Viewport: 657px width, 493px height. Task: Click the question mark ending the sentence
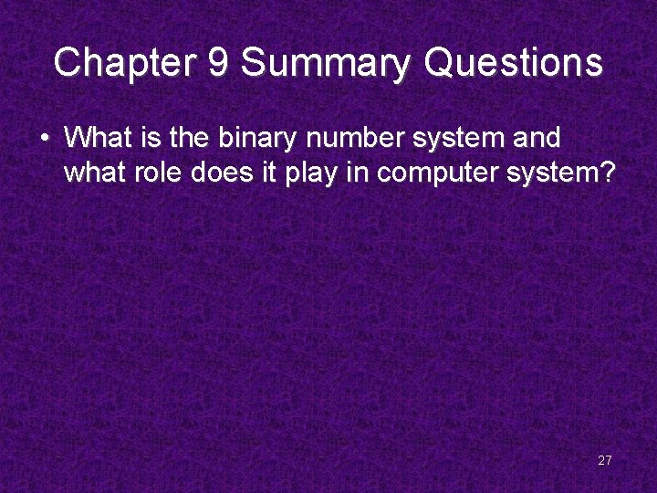610,172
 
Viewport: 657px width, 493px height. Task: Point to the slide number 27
604,460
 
